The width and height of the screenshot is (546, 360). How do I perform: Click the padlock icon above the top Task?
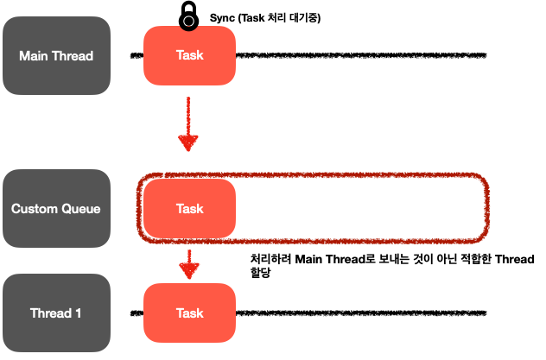pos(187,16)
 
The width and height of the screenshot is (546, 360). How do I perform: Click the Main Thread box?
pos(56,56)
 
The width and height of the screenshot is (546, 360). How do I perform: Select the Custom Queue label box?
pos(56,208)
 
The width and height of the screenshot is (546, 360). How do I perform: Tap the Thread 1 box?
pos(56,313)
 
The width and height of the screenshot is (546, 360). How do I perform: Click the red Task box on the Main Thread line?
pos(189,56)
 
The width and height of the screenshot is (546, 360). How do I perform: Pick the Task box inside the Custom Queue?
pos(189,208)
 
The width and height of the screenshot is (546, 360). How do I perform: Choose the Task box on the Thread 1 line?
pos(189,313)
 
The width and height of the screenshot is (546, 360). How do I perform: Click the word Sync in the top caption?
pos(223,17)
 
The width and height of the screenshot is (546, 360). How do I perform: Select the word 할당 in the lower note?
pos(260,273)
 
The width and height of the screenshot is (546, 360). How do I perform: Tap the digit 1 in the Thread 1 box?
pos(78,313)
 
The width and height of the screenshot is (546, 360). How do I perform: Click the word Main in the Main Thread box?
pos(35,56)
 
